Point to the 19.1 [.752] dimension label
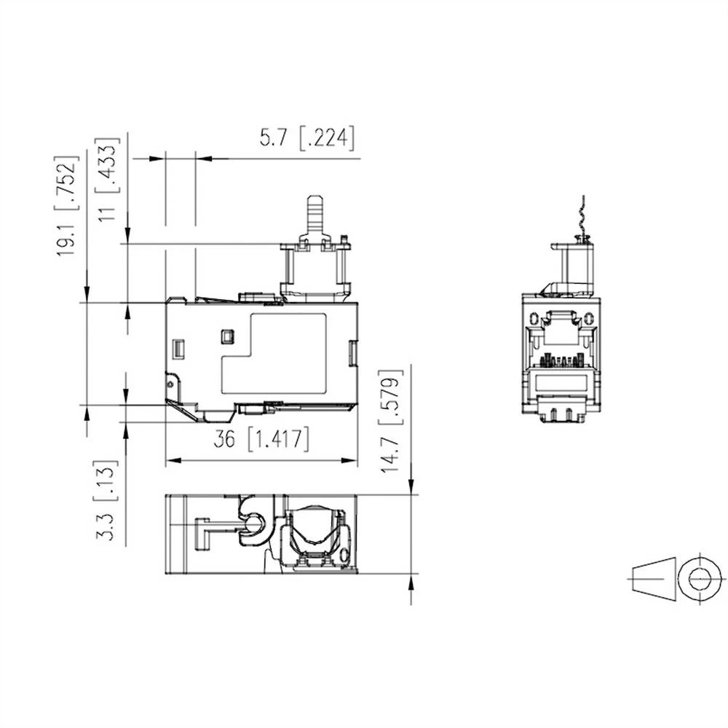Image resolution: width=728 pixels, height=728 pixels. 68,205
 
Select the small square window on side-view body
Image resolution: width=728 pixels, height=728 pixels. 226,336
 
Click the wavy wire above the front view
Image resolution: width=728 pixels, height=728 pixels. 581,218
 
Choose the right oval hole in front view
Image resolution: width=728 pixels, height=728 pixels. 587,320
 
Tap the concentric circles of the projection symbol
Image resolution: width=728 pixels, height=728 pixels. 695,580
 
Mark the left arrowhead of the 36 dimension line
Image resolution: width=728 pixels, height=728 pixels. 172,460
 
